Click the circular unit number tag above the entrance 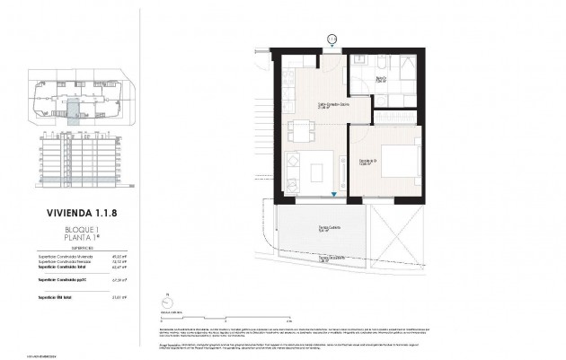(x=331, y=39)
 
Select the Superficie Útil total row (x=79, y=295)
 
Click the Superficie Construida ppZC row (x=79, y=280)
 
